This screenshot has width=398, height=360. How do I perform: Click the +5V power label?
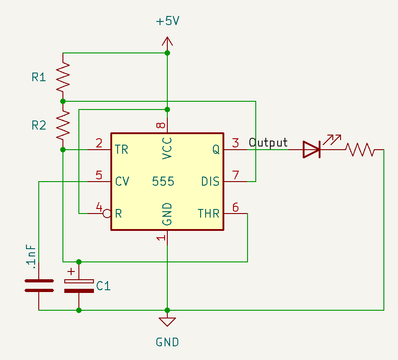(x=167, y=22)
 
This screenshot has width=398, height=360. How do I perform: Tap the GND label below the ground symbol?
(x=167, y=342)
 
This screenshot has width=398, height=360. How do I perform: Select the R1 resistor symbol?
(x=63, y=77)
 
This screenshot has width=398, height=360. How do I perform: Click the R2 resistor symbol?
(x=63, y=125)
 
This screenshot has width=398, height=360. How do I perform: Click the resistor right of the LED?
(x=360, y=149)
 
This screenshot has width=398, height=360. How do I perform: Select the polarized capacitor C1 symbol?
(x=79, y=286)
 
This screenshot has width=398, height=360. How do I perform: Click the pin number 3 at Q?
(x=235, y=143)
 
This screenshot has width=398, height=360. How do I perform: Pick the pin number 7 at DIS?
(x=235, y=175)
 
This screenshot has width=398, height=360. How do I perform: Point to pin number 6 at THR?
(x=235, y=207)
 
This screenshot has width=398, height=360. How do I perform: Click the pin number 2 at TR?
(x=99, y=143)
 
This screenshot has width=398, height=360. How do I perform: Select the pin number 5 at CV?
(x=99, y=175)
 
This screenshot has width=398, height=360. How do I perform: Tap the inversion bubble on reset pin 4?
(x=107, y=214)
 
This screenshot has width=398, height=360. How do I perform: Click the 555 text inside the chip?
(x=163, y=182)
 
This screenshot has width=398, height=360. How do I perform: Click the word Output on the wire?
(x=268, y=143)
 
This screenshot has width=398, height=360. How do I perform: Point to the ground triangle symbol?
(x=167, y=322)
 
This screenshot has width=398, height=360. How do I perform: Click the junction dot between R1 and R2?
(x=63, y=101)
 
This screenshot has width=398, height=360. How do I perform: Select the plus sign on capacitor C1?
(x=71, y=271)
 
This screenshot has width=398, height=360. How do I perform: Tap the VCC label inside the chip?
(x=167, y=148)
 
